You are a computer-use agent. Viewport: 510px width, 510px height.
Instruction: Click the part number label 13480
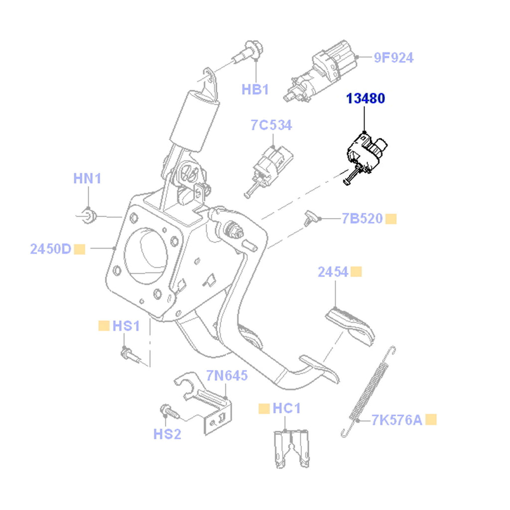click(366, 99)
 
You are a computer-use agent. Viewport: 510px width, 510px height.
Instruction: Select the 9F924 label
click(393, 58)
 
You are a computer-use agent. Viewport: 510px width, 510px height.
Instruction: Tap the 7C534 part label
click(271, 126)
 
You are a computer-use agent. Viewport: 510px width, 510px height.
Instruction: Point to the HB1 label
click(255, 90)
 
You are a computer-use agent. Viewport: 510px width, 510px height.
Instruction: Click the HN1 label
click(87, 178)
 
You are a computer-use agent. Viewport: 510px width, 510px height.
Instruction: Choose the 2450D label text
click(51, 249)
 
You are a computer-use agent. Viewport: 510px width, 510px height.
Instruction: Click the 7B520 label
click(362, 219)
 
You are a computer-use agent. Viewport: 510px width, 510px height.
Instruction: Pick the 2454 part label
click(333, 272)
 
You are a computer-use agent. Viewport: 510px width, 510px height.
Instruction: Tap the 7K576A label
click(396, 420)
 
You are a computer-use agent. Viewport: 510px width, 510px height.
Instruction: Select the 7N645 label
click(227, 376)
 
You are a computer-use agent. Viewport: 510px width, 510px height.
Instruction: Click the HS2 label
click(167, 434)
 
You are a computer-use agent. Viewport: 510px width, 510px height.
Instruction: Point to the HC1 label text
click(286, 409)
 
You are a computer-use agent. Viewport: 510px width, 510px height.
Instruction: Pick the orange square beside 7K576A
click(431, 419)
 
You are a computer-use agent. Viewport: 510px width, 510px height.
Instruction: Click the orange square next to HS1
click(104, 326)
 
